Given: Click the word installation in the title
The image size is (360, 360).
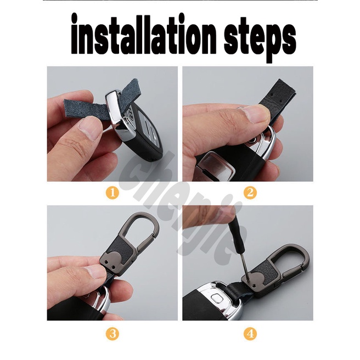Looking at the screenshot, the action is coord(143,34).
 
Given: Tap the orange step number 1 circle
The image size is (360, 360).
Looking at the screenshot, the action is coord(113,193).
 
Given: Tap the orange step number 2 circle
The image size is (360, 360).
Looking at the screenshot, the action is coord(250,193).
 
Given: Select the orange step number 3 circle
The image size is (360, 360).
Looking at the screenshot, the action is coord(113,333).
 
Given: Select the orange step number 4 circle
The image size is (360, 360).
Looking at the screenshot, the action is coord(250,333).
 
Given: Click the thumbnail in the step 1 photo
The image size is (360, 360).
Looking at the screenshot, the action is coord(88,130).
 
